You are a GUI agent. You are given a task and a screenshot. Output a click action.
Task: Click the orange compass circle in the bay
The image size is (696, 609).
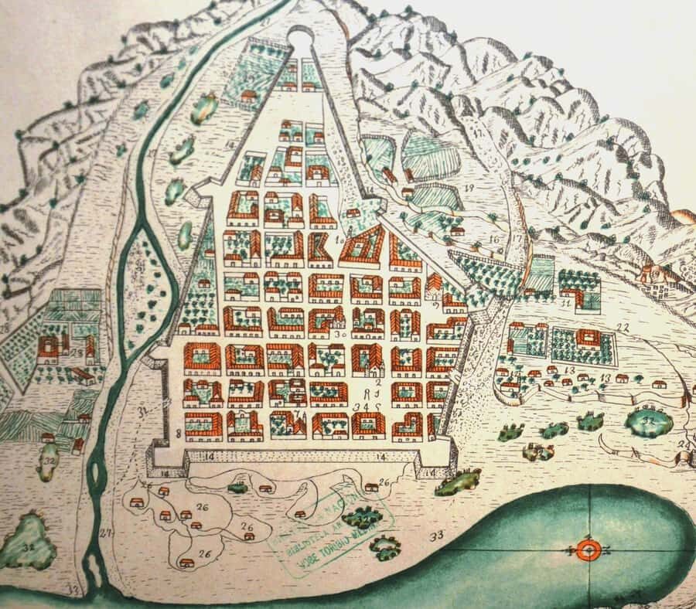click(x=587, y=550)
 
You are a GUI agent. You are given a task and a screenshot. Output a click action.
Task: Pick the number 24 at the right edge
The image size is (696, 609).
click(x=683, y=445)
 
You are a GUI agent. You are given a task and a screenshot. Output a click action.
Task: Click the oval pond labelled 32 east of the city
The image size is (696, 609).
click(x=648, y=420)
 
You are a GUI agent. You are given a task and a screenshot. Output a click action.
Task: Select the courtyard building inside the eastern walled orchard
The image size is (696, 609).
click(x=586, y=339)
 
